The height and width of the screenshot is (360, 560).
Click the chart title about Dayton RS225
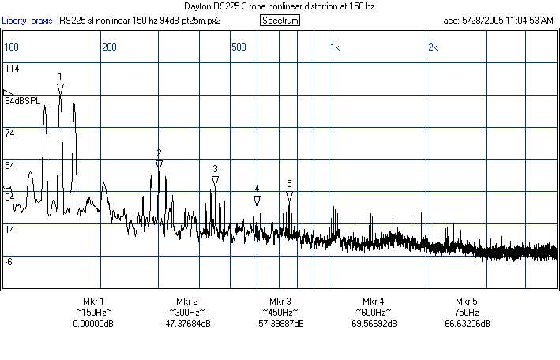[x=280, y=6]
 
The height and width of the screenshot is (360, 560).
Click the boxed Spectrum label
[x=280, y=20]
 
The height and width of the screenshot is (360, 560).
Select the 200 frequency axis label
[x=109, y=47]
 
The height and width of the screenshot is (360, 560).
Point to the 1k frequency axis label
[x=335, y=47]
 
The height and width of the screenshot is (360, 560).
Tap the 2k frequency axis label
[x=432, y=47]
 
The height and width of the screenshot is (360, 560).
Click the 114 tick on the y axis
[x=12, y=69]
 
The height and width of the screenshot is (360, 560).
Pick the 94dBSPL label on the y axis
[x=23, y=101]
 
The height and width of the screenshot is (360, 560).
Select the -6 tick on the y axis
[x=9, y=261]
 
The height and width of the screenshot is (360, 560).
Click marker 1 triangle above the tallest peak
[x=60, y=88]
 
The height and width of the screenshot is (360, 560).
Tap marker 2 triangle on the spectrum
[x=159, y=164]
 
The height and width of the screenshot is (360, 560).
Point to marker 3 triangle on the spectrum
[x=215, y=182]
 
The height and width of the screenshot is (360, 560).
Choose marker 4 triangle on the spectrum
[x=257, y=201]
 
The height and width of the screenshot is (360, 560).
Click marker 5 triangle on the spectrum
[x=289, y=196]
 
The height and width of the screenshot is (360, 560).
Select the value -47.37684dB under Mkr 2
[x=186, y=324]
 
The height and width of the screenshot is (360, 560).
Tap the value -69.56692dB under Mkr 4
[x=373, y=324]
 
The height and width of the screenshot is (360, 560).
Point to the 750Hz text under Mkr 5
[x=466, y=313]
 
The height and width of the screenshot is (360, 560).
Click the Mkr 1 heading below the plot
[x=93, y=302]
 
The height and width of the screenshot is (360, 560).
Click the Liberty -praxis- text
[x=28, y=20]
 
